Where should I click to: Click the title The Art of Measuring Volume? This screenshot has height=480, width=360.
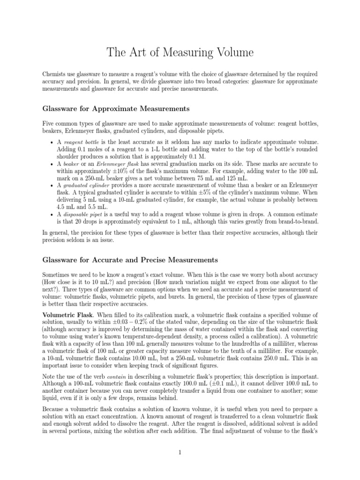coord(180,53)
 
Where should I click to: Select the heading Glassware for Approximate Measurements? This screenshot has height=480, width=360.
coord(116,109)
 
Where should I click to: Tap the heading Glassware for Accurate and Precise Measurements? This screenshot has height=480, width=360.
coord(130,259)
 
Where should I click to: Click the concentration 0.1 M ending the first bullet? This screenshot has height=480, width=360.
coord(193,157)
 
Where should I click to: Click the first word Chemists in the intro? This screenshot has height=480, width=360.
coord(55,75)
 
